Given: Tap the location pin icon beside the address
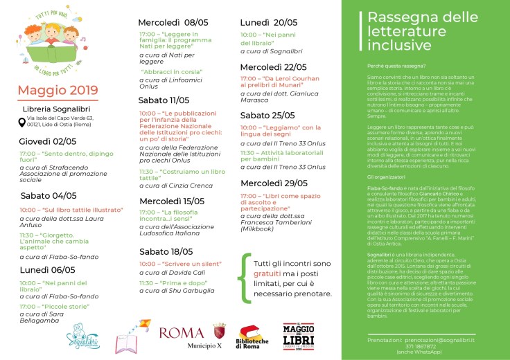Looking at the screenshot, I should tap(21, 123).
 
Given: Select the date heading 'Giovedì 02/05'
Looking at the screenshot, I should tap(48, 141).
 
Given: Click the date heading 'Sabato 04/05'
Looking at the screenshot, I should tap(49, 195).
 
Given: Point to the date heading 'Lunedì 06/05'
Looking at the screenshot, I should tap(48, 269).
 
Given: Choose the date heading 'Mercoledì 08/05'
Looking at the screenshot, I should tap(173, 22).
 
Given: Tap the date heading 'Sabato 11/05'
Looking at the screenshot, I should tap(164, 100).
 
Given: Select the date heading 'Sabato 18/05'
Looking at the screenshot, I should tap(165, 251).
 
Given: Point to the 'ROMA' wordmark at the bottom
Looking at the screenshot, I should tap(182, 333).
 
